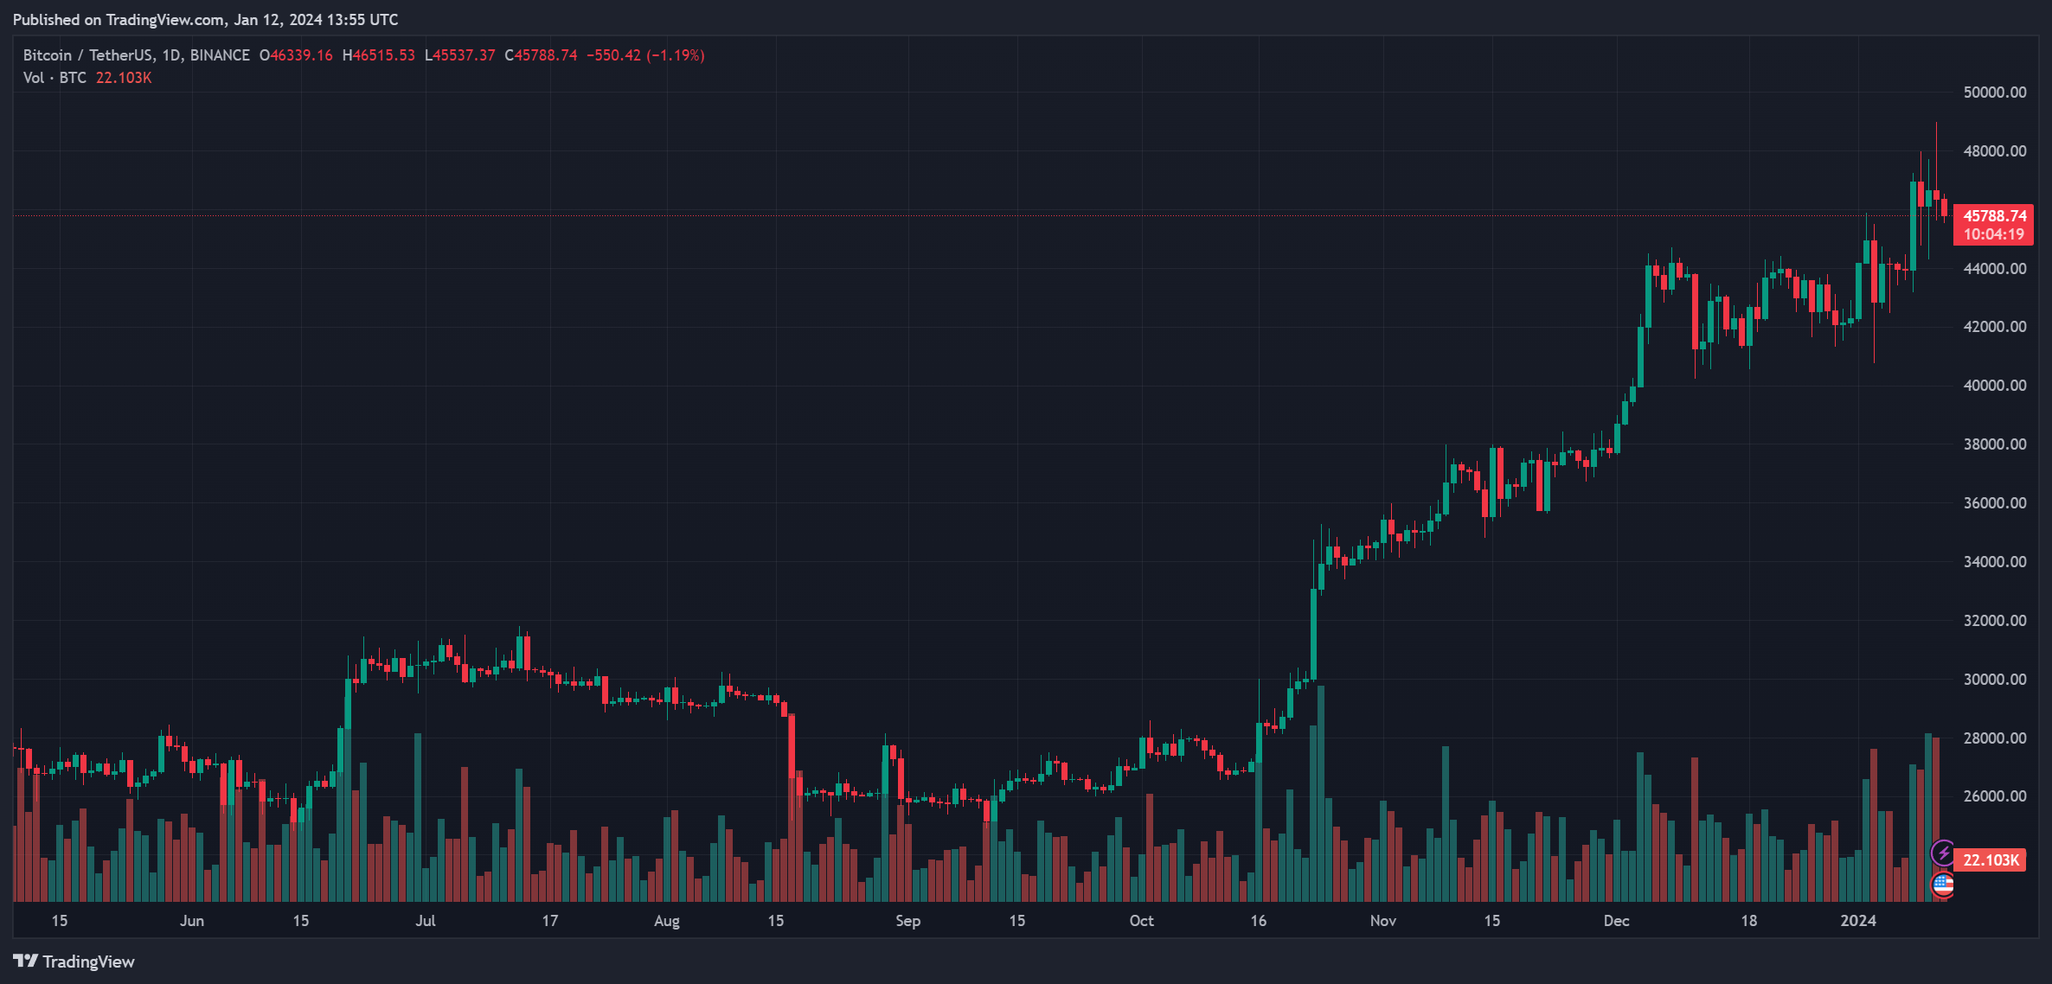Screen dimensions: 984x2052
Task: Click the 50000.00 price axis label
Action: (x=1994, y=93)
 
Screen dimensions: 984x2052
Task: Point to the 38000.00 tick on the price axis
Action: (x=1994, y=444)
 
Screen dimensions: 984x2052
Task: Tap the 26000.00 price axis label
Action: (x=1994, y=796)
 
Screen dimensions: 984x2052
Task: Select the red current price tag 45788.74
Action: (x=1994, y=216)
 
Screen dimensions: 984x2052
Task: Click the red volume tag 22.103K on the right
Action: (x=1991, y=860)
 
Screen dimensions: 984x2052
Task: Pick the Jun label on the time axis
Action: (x=192, y=921)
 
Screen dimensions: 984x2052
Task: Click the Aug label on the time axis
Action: (x=666, y=921)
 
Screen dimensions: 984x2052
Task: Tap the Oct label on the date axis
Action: (x=1141, y=921)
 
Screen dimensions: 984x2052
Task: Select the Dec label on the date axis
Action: (x=1616, y=921)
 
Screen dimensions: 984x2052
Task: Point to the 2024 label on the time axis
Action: (x=1858, y=921)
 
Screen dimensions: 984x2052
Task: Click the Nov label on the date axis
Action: (x=1382, y=921)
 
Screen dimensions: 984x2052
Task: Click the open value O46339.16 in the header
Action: (x=296, y=55)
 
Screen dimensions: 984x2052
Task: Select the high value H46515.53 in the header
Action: (x=379, y=55)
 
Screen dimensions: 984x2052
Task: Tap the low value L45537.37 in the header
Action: (x=460, y=55)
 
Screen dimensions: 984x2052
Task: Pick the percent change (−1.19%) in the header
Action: (x=676, y=55)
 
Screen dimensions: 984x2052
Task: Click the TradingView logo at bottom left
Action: (x=74, y=962)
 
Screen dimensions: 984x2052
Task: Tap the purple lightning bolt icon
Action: (x=1943, y=853)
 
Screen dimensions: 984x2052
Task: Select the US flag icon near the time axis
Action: (x=1943, y=885)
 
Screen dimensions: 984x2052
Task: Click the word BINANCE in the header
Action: (x=220, y=55)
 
